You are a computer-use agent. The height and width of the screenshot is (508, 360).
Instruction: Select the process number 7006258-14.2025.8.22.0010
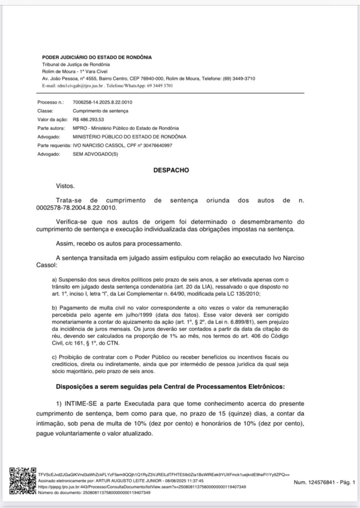[103, 102]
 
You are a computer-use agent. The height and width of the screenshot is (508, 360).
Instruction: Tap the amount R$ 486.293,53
[89, 119]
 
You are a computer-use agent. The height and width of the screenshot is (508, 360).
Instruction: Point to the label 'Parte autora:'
[51, 128]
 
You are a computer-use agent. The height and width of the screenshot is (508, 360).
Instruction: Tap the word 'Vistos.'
[65, 186]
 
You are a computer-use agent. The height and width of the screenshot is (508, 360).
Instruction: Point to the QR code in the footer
[22, 481]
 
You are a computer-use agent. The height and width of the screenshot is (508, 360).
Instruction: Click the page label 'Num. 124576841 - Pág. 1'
[324, 482]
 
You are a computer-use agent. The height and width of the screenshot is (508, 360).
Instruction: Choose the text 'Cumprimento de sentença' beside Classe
[100, 111]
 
